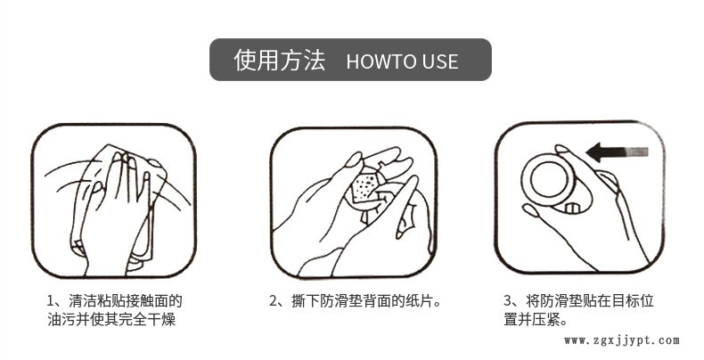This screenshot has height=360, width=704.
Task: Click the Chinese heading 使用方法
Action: click(279, 60)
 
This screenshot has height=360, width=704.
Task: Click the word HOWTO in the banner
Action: click(376, 61)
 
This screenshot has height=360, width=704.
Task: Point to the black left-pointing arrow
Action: click(618, 152)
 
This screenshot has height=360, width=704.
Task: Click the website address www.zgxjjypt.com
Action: click(622, 340)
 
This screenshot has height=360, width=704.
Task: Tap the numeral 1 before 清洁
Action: click(50, 301)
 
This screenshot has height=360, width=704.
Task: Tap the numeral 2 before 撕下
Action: click(273, 301)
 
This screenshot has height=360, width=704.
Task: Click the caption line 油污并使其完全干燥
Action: click(111, 319)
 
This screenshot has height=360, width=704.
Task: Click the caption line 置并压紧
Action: click(536, 320)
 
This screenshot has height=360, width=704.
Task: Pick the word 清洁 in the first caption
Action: click(83, 301)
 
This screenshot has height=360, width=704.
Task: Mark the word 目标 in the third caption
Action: click(626, 301)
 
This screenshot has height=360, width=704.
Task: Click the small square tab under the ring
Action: click(572, 209)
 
